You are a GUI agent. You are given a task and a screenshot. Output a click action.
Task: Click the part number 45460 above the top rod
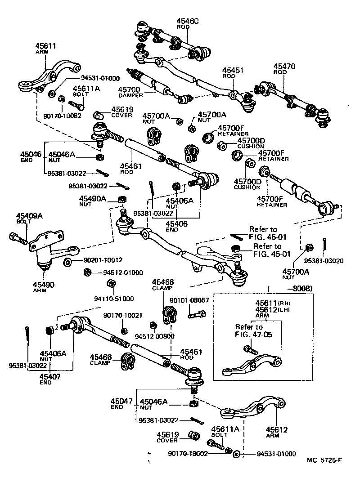[187, 21]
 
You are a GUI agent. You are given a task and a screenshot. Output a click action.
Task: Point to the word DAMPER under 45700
[130, 95]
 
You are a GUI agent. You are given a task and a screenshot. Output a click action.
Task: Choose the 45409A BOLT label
[30, 218]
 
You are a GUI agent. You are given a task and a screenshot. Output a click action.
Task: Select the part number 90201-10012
[102, 260]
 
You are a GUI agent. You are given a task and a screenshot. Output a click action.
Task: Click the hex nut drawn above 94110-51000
[110, 284]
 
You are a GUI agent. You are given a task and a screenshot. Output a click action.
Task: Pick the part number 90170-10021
[122, 316]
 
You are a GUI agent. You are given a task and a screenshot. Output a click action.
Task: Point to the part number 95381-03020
[323, 260]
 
